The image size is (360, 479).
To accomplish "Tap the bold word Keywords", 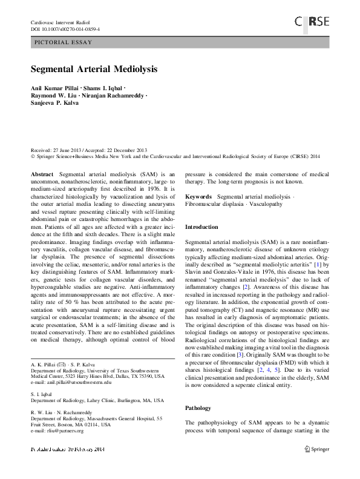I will [198, 197].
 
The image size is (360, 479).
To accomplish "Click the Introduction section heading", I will [201, 226].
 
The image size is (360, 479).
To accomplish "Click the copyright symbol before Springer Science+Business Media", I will [33, 156].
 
